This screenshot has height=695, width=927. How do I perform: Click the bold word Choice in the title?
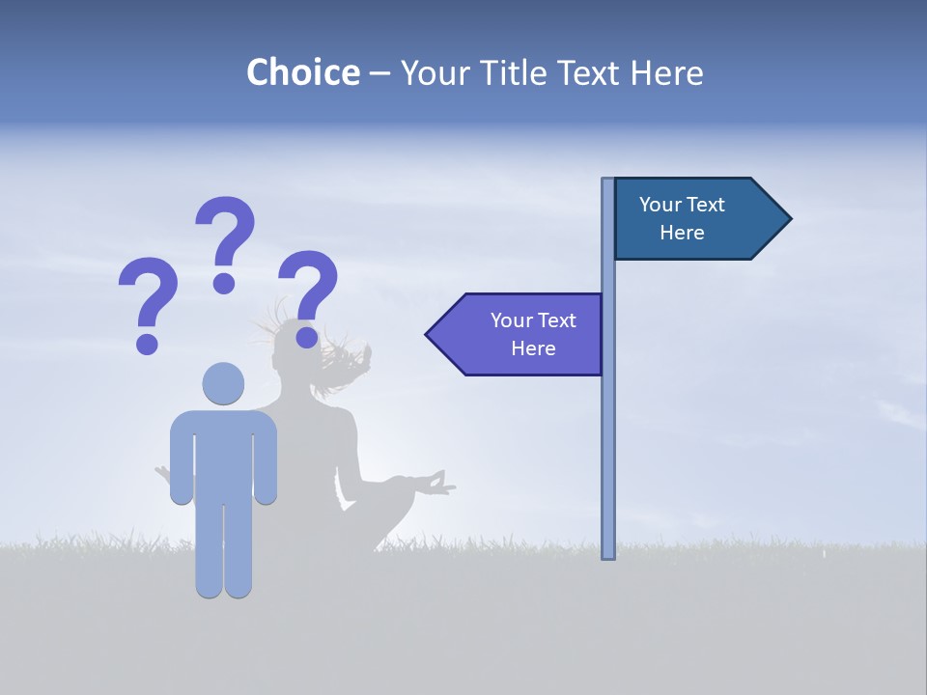[x=302, y=72]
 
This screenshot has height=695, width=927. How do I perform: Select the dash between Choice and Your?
[x=379, y=73]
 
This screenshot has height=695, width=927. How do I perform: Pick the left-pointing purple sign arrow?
[x=517, y=334]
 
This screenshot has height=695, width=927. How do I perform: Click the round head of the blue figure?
[x=224, y=383]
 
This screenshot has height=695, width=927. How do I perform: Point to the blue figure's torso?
[x=224, y=454]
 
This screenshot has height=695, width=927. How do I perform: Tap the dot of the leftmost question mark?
[x=147, y=343]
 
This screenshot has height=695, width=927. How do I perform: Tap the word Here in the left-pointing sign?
[x=533, y=348]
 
